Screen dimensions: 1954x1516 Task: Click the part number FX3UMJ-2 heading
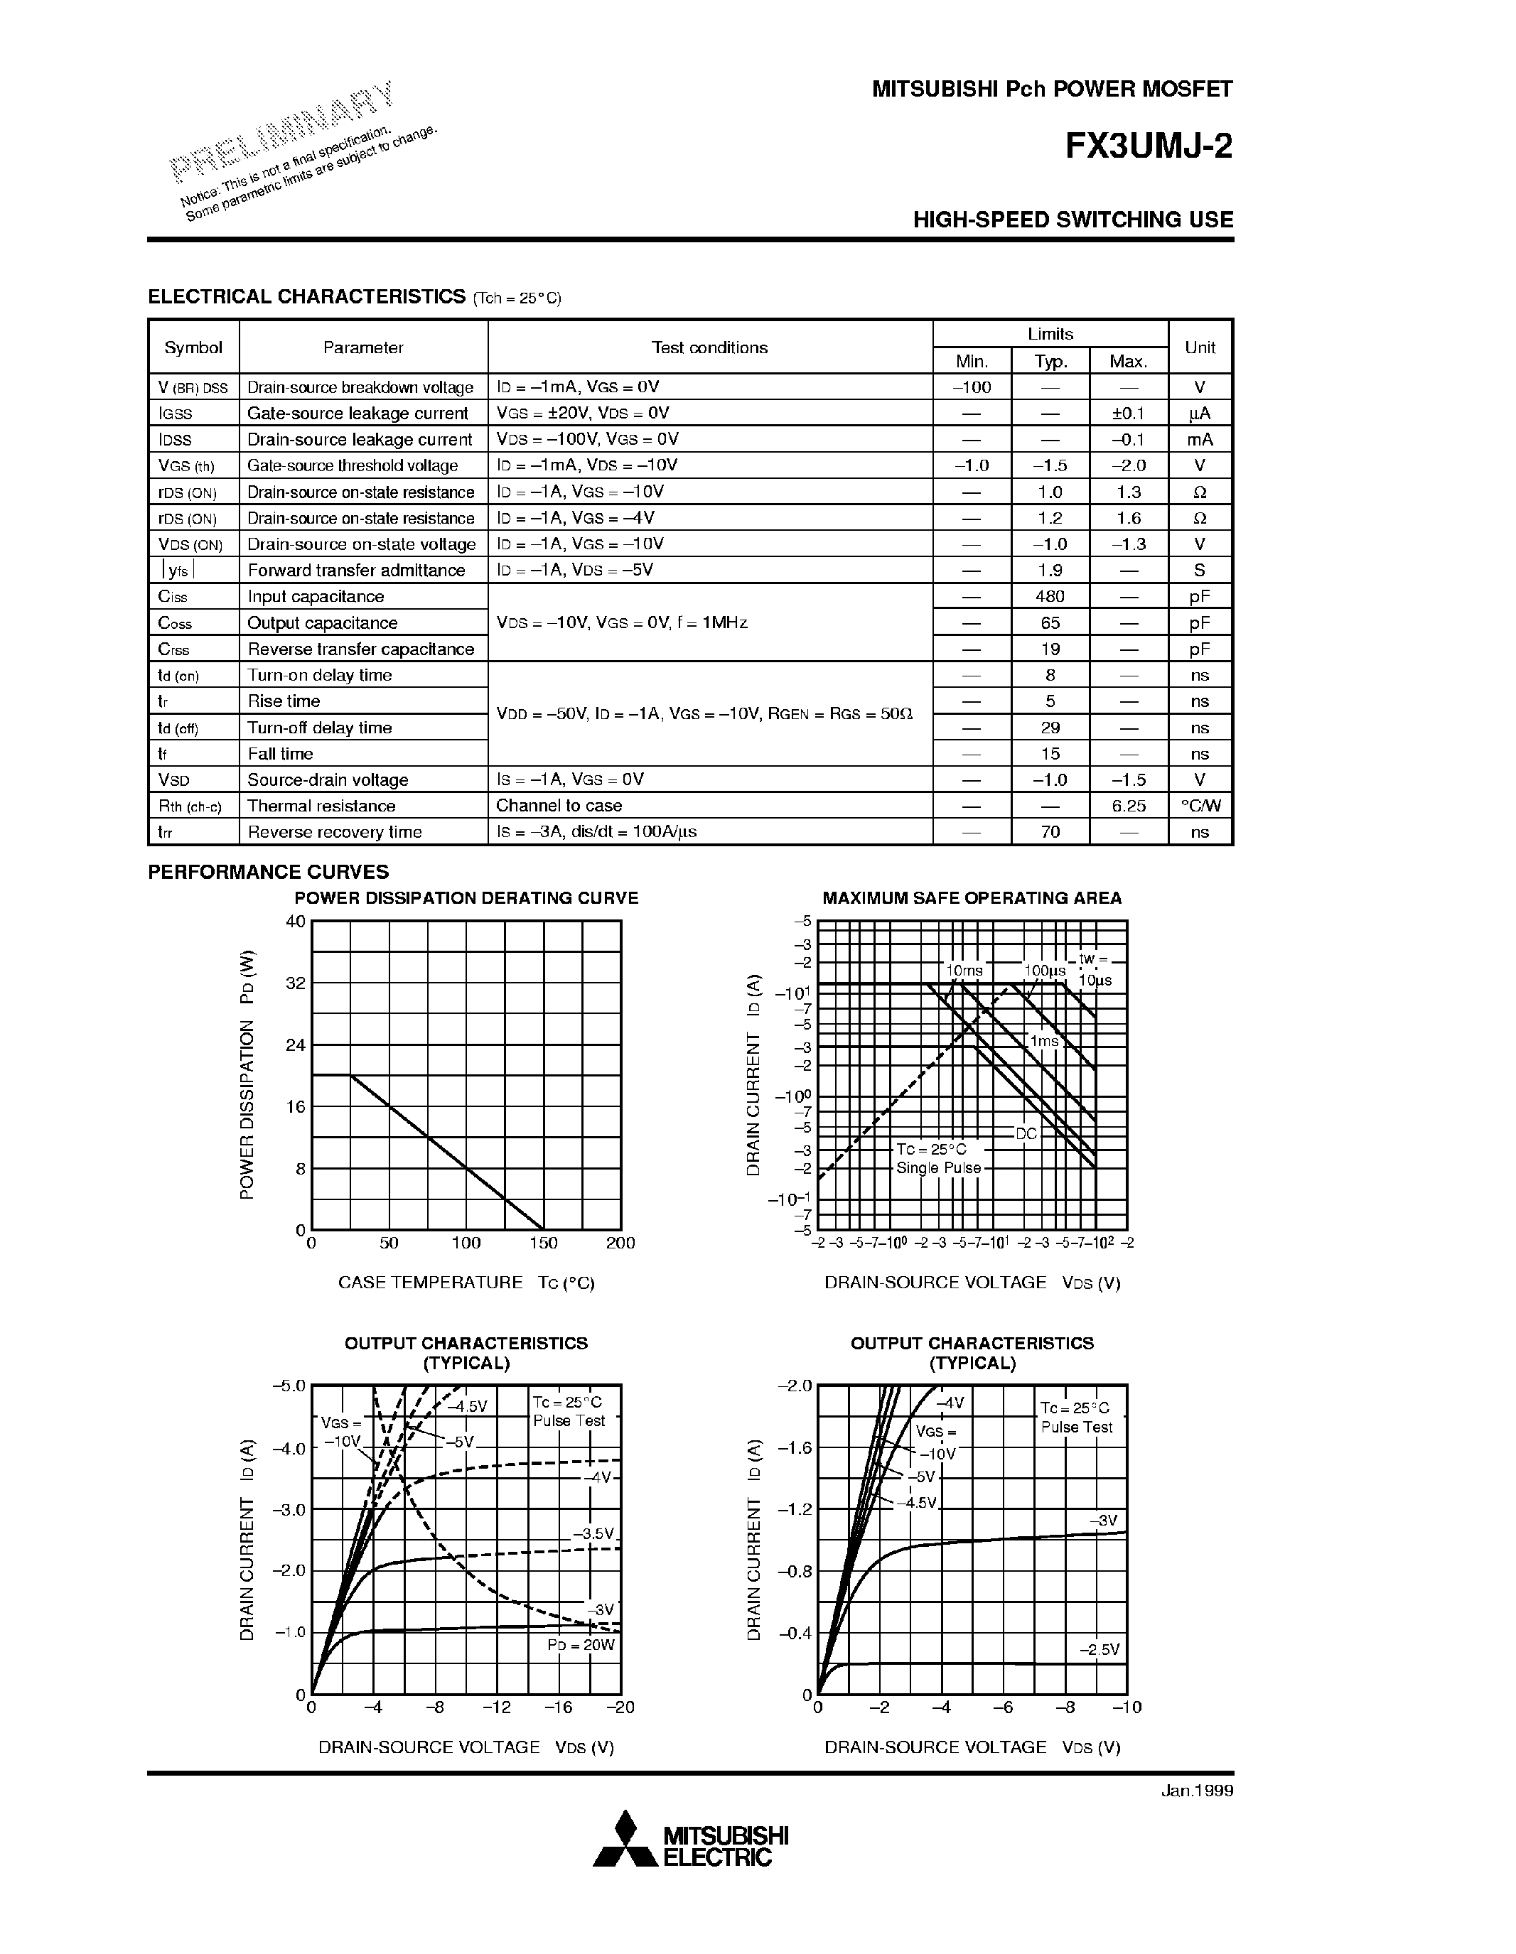tap(1148, 146)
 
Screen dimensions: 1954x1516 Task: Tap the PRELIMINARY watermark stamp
tap(283, 130)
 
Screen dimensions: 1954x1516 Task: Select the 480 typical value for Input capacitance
tap(1050, 597)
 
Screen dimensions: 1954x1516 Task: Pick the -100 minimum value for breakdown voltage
tap(971, 387)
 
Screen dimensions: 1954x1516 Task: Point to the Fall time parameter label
tap(280, 754)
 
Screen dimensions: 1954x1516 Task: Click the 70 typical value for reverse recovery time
tap(1050, 832)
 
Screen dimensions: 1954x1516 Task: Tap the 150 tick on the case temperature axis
tap(543, 1243)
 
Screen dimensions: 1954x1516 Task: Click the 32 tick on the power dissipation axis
tap(296, 983)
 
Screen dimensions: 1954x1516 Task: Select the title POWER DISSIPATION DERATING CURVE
tap(466, 898)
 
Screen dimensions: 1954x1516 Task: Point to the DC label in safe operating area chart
tap(1026, 1133)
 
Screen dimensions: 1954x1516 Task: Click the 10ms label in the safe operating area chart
tap(964, 971)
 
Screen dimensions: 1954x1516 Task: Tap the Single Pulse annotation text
tap(939, 1168)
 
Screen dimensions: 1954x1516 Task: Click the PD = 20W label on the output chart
tap(581, 1644)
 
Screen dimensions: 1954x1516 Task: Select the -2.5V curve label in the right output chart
tap(1099, 1649)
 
